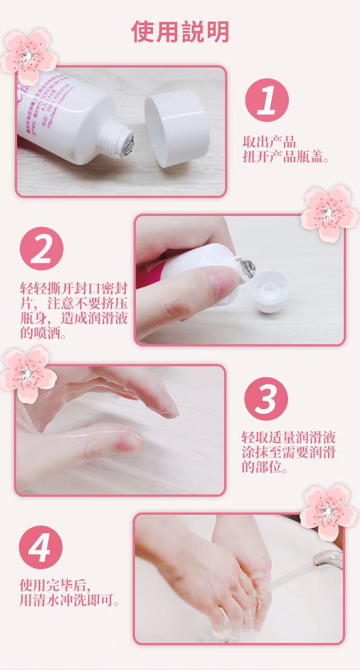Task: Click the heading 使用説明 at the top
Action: [x=180, y=32]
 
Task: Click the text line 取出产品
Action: [x=269, y=142]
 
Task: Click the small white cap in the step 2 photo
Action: [x=270, y=295]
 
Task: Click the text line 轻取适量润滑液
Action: [x=288, y=437]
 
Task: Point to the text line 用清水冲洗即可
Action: [x=70, y=600]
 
